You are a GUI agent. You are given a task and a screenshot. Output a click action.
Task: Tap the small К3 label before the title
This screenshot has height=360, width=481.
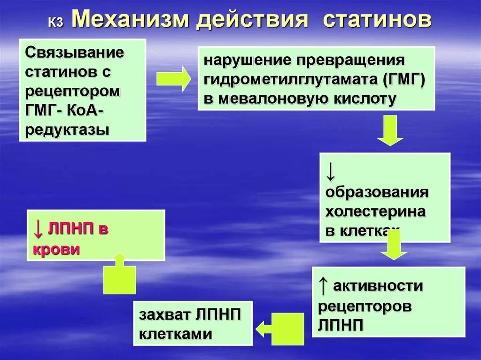[55, 23]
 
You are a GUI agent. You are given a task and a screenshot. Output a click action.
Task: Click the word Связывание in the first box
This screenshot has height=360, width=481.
[75, 52]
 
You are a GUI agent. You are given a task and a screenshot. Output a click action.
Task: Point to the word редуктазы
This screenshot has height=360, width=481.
[68, 130]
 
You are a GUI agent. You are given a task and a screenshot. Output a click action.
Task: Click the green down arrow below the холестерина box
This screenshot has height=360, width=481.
[394, 245]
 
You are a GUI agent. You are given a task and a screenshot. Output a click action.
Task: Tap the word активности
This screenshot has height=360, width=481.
[378, 286]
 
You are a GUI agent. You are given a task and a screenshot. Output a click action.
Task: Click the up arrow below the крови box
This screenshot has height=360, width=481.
[119, 274]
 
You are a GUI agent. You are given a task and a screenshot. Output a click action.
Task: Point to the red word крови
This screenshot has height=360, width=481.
[56, 249]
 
